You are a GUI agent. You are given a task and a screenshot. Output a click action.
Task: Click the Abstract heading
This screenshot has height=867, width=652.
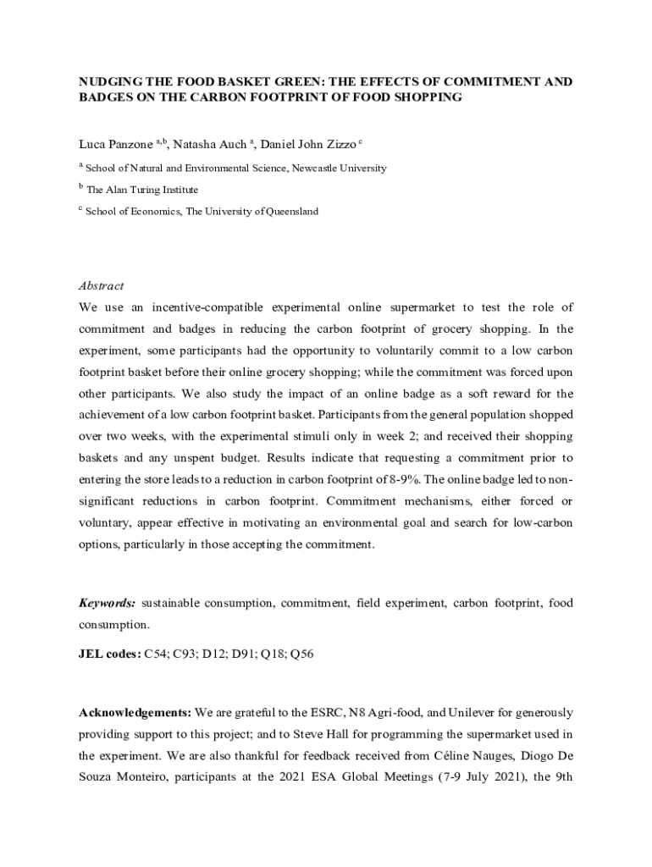[102, 285]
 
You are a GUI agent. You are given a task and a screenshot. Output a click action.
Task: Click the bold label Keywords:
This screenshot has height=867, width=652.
[108, 603]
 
